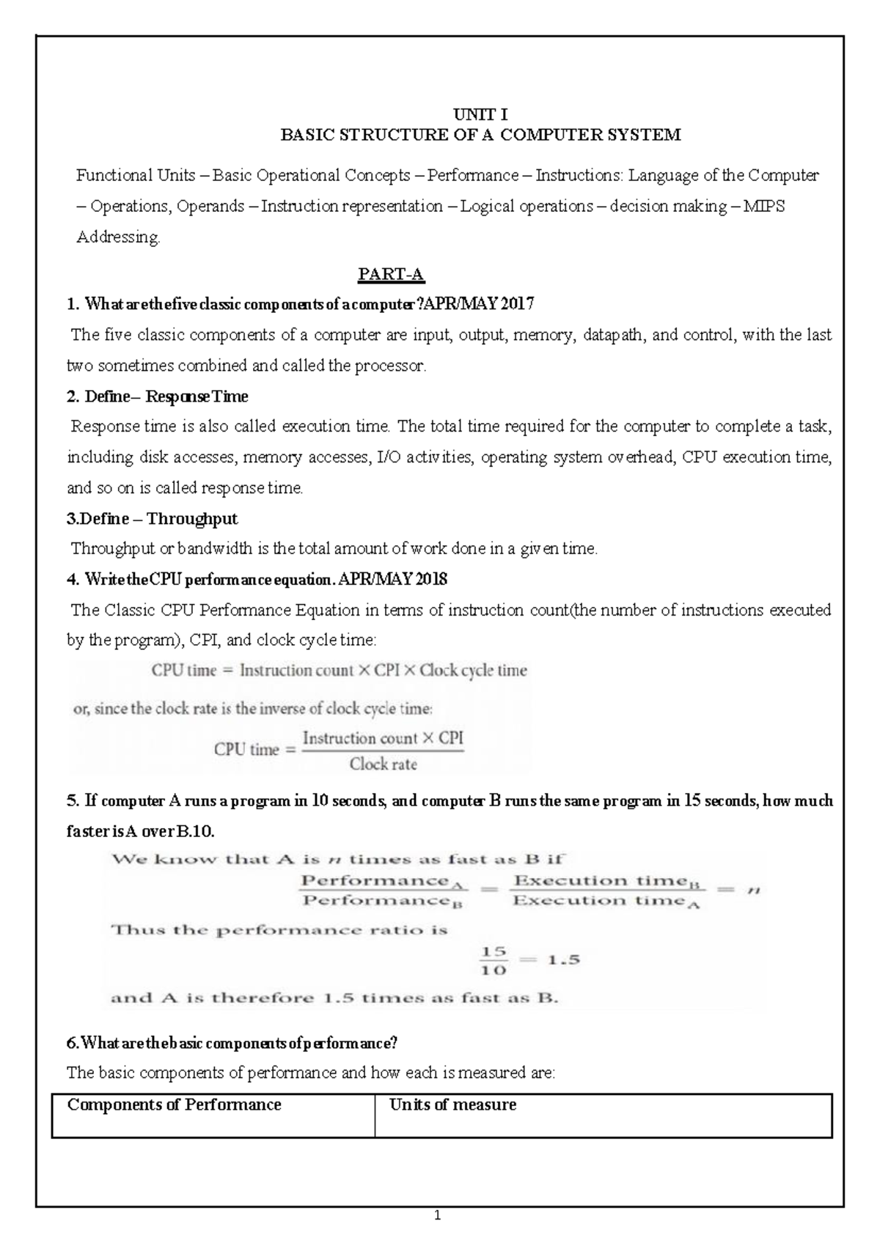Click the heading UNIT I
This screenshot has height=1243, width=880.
[480, 114]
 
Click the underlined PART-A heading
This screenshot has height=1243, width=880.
[391, 275]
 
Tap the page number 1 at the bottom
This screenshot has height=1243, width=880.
[438, 1216]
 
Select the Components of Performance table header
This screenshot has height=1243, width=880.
[175, 1104]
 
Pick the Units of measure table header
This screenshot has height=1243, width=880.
[452, 1104]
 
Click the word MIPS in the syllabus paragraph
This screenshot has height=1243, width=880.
[764, 207]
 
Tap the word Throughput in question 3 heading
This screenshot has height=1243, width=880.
[192, 519]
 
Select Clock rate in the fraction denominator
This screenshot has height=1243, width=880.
[383, 764]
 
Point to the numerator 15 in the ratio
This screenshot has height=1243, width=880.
[494, 951]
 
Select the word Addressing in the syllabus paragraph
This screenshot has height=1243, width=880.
[117, 237]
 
